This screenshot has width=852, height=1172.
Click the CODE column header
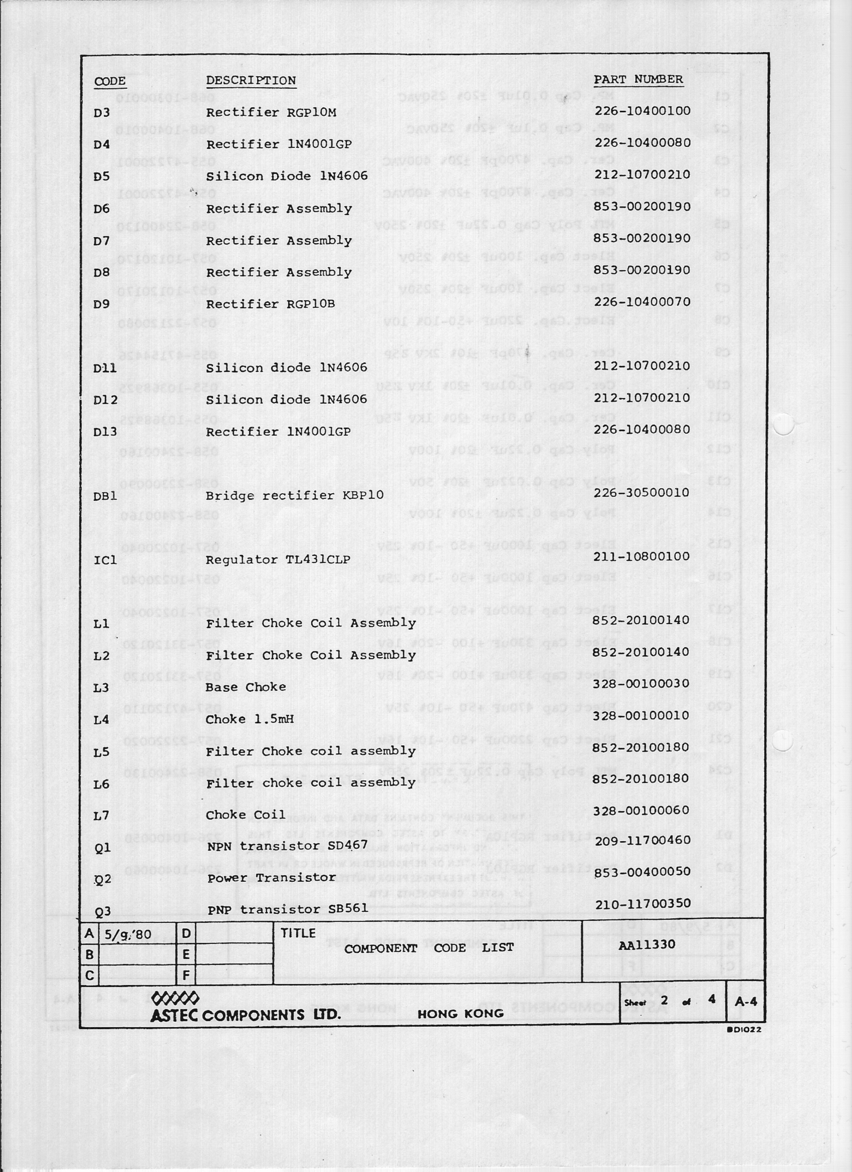pos(110,81)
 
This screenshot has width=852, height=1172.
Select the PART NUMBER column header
pos(638,80)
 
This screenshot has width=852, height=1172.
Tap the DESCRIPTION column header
pos(251,81)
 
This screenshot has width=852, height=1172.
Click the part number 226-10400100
pos(642,111)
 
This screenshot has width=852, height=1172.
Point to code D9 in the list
pos(102,304)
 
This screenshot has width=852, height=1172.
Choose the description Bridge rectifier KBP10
pos(295,496)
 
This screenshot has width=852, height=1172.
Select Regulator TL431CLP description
pos(278,559)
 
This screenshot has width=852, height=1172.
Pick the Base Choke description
pos(246,687)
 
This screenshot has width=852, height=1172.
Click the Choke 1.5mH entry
pos(250,719)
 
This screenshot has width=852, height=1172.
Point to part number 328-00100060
pos(641,810)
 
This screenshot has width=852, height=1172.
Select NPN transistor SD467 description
pos(287,846)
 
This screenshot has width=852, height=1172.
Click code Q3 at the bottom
pos(103,911)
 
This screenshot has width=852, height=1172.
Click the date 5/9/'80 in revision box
pos(128,935)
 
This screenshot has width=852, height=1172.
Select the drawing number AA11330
pos(647,944)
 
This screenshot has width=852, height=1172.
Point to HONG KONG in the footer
pos(461,1014)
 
